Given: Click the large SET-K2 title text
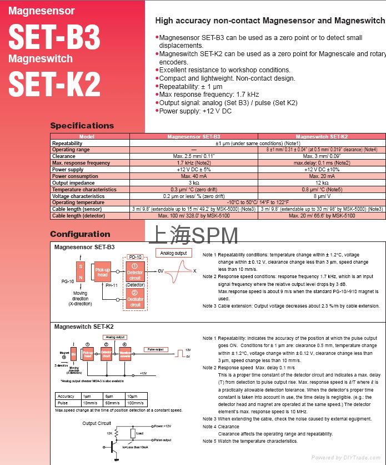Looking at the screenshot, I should tap(54, 84).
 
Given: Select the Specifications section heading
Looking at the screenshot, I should tap(82, 126).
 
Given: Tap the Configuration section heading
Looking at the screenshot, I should tap(80, 234).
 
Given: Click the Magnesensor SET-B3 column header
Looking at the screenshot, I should tap(193, 136).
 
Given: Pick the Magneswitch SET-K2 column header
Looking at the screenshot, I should tap(322, 136).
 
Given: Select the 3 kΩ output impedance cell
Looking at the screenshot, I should tap(193, 183).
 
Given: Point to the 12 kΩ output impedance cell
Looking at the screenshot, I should tap(322, 183).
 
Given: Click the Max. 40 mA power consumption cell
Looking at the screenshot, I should tap(193, 176).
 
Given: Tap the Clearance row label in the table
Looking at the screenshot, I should tap(63, 156).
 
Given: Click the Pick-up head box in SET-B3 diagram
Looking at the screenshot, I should tap(103, 272).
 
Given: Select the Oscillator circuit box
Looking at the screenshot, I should tap(135, 299).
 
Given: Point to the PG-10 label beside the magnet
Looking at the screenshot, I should tap(67, 282).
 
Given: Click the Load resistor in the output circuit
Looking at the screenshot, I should tap(133, 433).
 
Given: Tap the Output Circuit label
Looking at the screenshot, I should tap(97, 423).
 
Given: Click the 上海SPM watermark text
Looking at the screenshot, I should tap(193, 235).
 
